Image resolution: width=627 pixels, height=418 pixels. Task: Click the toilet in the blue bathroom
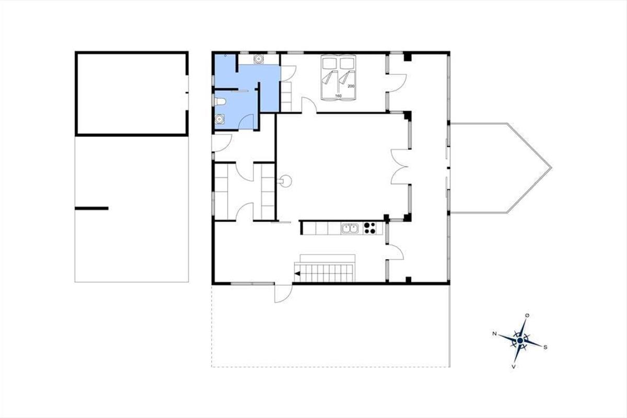click(220, 101)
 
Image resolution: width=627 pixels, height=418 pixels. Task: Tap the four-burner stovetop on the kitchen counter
click(369, 228)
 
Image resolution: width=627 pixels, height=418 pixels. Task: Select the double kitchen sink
click(350, 228)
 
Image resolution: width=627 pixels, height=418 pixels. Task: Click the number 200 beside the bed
click(351, 86)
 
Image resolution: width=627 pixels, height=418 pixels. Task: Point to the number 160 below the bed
click(339, 96)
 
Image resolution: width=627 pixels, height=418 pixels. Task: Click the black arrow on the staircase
click(297, 273)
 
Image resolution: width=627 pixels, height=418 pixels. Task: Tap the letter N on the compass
click(495, 334)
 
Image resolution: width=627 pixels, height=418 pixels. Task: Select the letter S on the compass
click(545, 347)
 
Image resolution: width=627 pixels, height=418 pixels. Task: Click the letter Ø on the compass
click(527, 316)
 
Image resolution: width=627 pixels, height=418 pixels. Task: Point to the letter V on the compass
click(514, 366)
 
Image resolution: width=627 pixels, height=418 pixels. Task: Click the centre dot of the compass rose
click(520, 341)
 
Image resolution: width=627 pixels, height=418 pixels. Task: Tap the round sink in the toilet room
click(220, 119)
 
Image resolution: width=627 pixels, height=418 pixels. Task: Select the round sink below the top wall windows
click(258, 59)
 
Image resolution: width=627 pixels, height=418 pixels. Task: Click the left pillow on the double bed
click(330, 64)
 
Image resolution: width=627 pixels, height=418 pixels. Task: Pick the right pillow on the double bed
click(347, 64)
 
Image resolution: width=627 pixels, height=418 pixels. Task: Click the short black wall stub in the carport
click(91, 208)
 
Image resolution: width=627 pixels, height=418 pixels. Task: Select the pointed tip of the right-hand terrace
click(551, 168)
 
